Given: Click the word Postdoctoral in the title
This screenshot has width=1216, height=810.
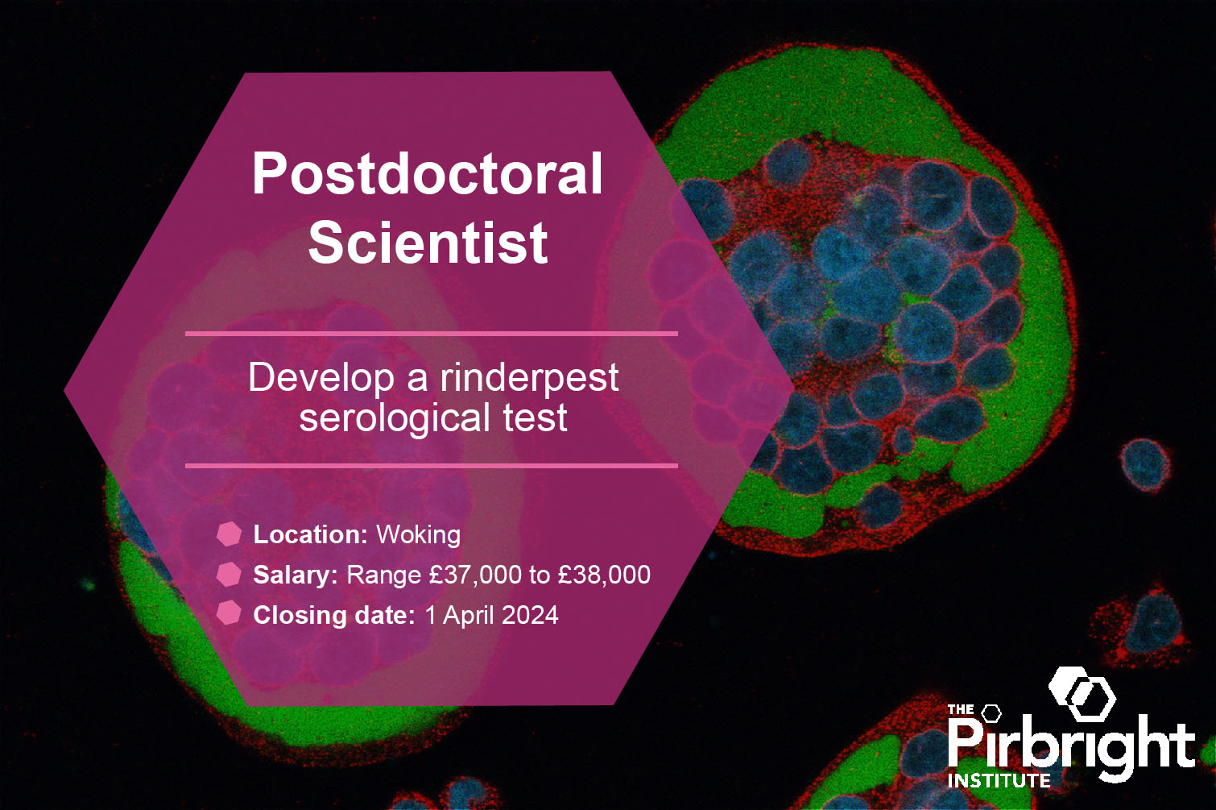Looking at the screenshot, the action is pyautogui.click(x=428, y=172).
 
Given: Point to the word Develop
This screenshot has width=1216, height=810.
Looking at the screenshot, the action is pyautogui.click(x=321, y=378).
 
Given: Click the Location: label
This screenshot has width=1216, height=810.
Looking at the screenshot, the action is pyautogui.click(x=311, y=534).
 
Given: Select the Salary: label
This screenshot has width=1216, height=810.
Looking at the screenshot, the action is pyautogui.click(x=296, y=575).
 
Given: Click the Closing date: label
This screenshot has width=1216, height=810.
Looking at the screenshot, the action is pyautogui.click(x=334, y=615).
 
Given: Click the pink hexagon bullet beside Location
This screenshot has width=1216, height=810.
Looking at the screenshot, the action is pyautogui.click(x=229, y=534).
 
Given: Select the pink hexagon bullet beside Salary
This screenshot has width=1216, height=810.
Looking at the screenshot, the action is pyautogui.click(x=229, y=574).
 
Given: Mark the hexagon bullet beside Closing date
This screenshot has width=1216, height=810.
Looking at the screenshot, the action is pyautogui.click(x=229, y=613).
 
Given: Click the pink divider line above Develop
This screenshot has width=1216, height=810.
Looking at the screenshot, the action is pyautogui.click(x=432, y=334).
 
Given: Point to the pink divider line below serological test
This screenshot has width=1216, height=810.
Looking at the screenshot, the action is pyautogui.click(x=432, y=466).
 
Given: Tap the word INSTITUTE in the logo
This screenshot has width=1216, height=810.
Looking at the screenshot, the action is pyautogui.click(x=999, y=781).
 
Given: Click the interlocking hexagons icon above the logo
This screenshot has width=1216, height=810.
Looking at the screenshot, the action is pyautogui.click(x=1082, y=694).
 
